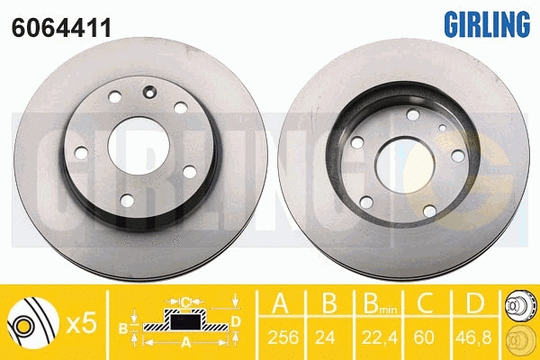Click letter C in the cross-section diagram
coord(184,301)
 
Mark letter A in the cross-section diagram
coord(184,341)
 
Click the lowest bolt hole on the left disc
coord(126,199)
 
